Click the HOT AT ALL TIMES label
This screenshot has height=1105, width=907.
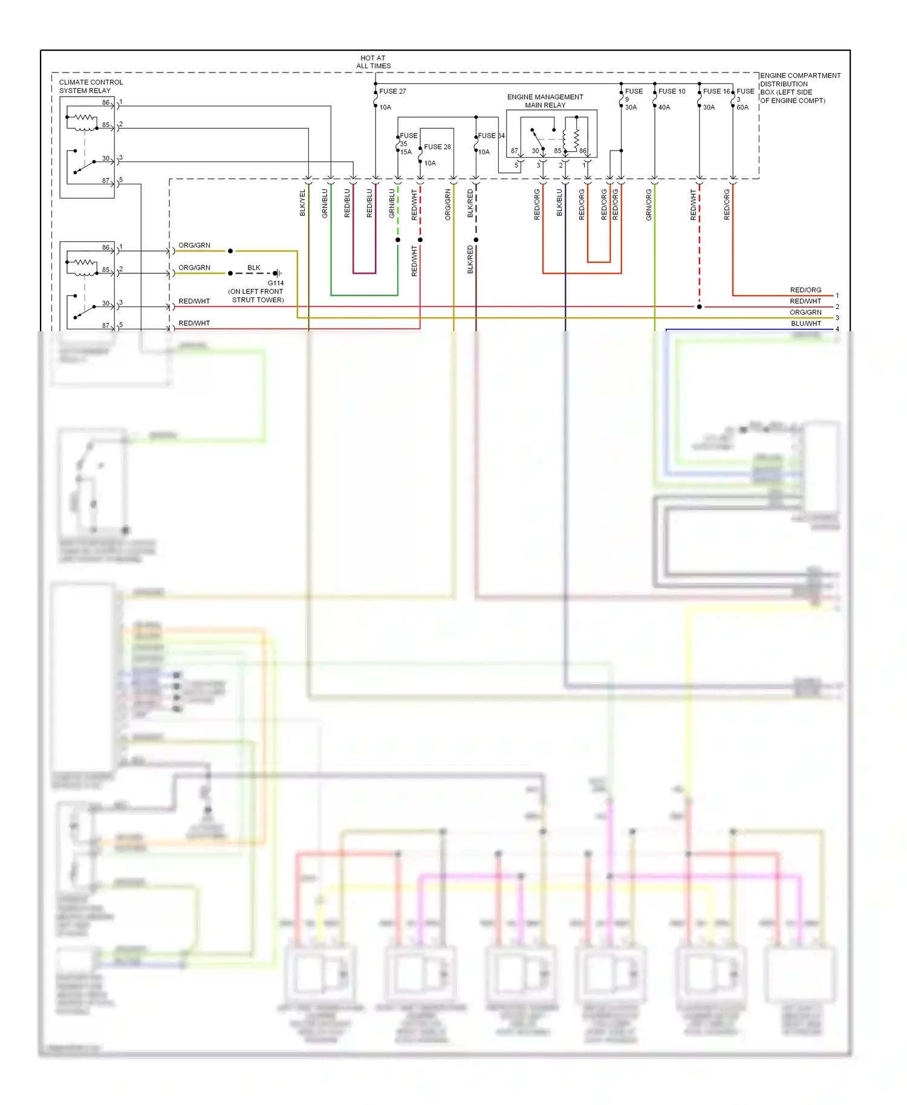click(x=373, y=62)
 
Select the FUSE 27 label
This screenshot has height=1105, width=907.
click(x=392, y=91)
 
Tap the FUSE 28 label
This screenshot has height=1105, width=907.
click(x=437, y=147)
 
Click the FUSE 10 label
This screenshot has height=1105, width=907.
click(x=671, y=91)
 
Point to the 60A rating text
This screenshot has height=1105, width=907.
click(x=742, y=108)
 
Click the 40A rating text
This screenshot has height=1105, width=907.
click(x=664, y=108)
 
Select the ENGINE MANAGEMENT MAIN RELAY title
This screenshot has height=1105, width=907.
click(x=545, y=101)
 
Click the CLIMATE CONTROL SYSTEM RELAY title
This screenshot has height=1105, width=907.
click(x=91, y=86)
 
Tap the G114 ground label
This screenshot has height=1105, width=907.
click(x=276, y=283)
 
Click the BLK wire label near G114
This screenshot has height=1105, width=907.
click(x=254, y=268)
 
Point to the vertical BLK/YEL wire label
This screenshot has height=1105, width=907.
click(x=302, y=203)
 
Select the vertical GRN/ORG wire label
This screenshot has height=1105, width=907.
click(x=649, y=204)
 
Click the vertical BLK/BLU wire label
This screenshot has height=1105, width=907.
click(x=559, y=203)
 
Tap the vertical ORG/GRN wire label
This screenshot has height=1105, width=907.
click(x=448, y=204)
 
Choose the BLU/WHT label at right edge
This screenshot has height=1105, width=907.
click(x=805, y=323)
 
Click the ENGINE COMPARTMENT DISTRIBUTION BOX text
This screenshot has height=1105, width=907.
click(x=799, y=88)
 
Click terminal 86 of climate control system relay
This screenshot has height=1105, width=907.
click(x=106, y=103)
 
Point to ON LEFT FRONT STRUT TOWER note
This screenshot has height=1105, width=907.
click(x=256, y=296)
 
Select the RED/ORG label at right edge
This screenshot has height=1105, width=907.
click(x=805, y=290)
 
